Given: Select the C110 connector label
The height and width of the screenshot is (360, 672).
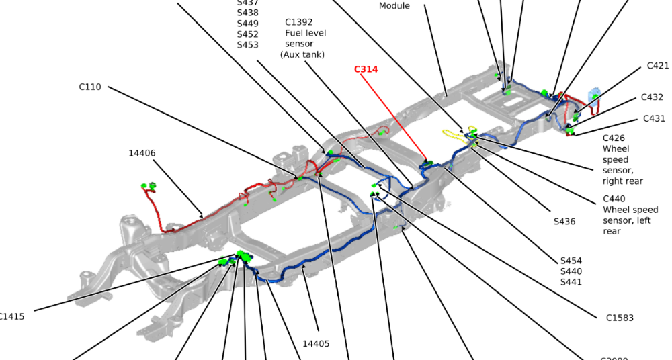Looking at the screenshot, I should click(x=90, y=87).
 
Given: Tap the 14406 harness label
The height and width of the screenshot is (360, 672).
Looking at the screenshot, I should click(x=142, y=153).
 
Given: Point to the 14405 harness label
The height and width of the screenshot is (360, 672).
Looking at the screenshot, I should click(x=316, y=343).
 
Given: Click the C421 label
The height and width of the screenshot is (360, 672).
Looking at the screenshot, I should click(x=658, y=66).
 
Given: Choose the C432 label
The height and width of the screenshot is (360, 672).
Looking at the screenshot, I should click(x=652, y=97).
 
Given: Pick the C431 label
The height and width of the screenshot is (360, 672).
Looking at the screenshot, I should click(x=654, y=119).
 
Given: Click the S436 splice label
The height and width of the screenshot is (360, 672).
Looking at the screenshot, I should click(x=564, y=221).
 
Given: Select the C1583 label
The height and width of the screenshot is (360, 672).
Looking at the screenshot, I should click(x=620, y=318).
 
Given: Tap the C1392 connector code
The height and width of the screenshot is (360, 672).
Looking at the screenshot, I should click(x=299, y=22).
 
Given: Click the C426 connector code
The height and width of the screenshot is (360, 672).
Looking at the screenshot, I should click(x=614, y=138).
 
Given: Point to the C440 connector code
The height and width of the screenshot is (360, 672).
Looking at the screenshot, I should click(x=614, y=199).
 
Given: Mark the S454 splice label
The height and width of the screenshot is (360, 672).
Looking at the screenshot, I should click(x=571, y=261).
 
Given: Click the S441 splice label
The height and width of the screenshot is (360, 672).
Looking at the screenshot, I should click(x=571, y=282).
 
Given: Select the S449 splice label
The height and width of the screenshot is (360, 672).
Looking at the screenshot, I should click(x=247, y=24).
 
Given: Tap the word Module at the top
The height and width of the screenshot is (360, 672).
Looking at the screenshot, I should click(x=394, y=6).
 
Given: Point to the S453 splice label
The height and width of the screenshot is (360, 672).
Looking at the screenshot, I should click(x=247, y=45).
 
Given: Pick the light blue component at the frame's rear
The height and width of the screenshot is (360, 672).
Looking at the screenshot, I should click(x=594, y=93).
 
